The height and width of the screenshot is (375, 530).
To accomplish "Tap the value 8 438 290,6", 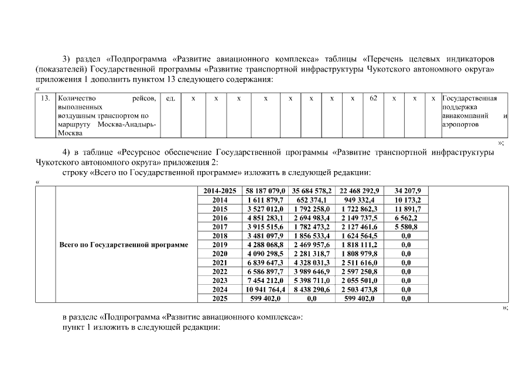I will pyautogui.click(x=312, y=289).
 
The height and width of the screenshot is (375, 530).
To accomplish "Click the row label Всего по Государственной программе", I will pyautogui.click(x=124, y=245).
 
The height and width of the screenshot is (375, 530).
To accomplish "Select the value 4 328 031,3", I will pyautogui.click(x=312, y=263).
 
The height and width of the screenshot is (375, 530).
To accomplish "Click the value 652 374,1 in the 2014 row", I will pyautogui.click(x=312, y=200).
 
